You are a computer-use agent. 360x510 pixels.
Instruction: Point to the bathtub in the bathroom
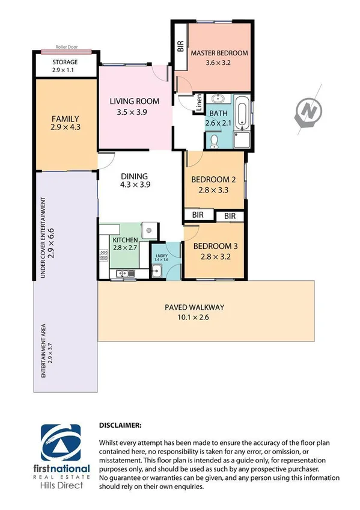[x=242, y=112]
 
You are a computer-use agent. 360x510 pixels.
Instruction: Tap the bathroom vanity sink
[x=217, y=99]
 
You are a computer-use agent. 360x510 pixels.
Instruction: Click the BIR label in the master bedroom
[x=180, y=47]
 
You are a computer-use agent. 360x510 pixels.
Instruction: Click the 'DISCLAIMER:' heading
[x=120, y=425]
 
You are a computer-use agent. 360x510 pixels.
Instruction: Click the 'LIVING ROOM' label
[x=134, y=101]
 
